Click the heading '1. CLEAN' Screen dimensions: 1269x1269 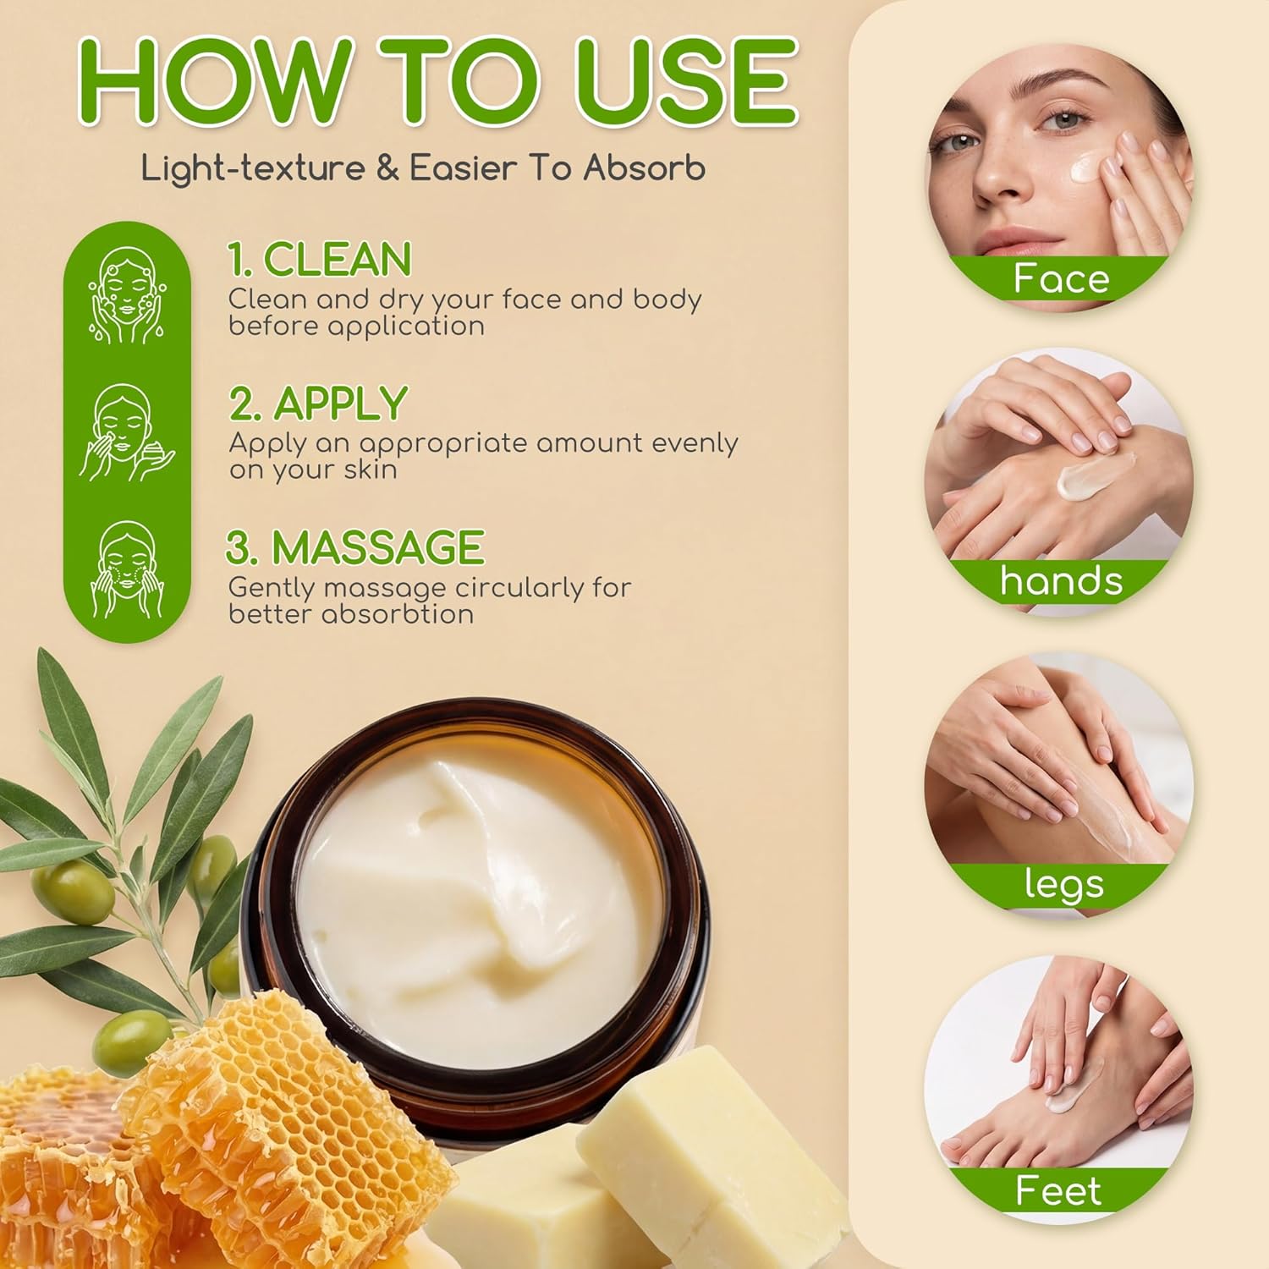[320, 259]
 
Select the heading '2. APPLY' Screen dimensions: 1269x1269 [318, 404]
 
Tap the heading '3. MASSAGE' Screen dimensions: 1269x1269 [354, 547]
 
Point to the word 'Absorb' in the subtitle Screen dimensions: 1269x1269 [644, 168]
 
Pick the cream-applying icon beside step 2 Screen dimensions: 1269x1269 [126, 432]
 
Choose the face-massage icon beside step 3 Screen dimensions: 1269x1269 [126, 569]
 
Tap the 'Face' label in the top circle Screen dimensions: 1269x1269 [1061, 278]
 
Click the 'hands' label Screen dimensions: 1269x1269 [1061, 581]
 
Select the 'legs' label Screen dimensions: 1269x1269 [1063, 885]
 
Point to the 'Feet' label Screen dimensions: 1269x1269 [1059, 1190]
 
